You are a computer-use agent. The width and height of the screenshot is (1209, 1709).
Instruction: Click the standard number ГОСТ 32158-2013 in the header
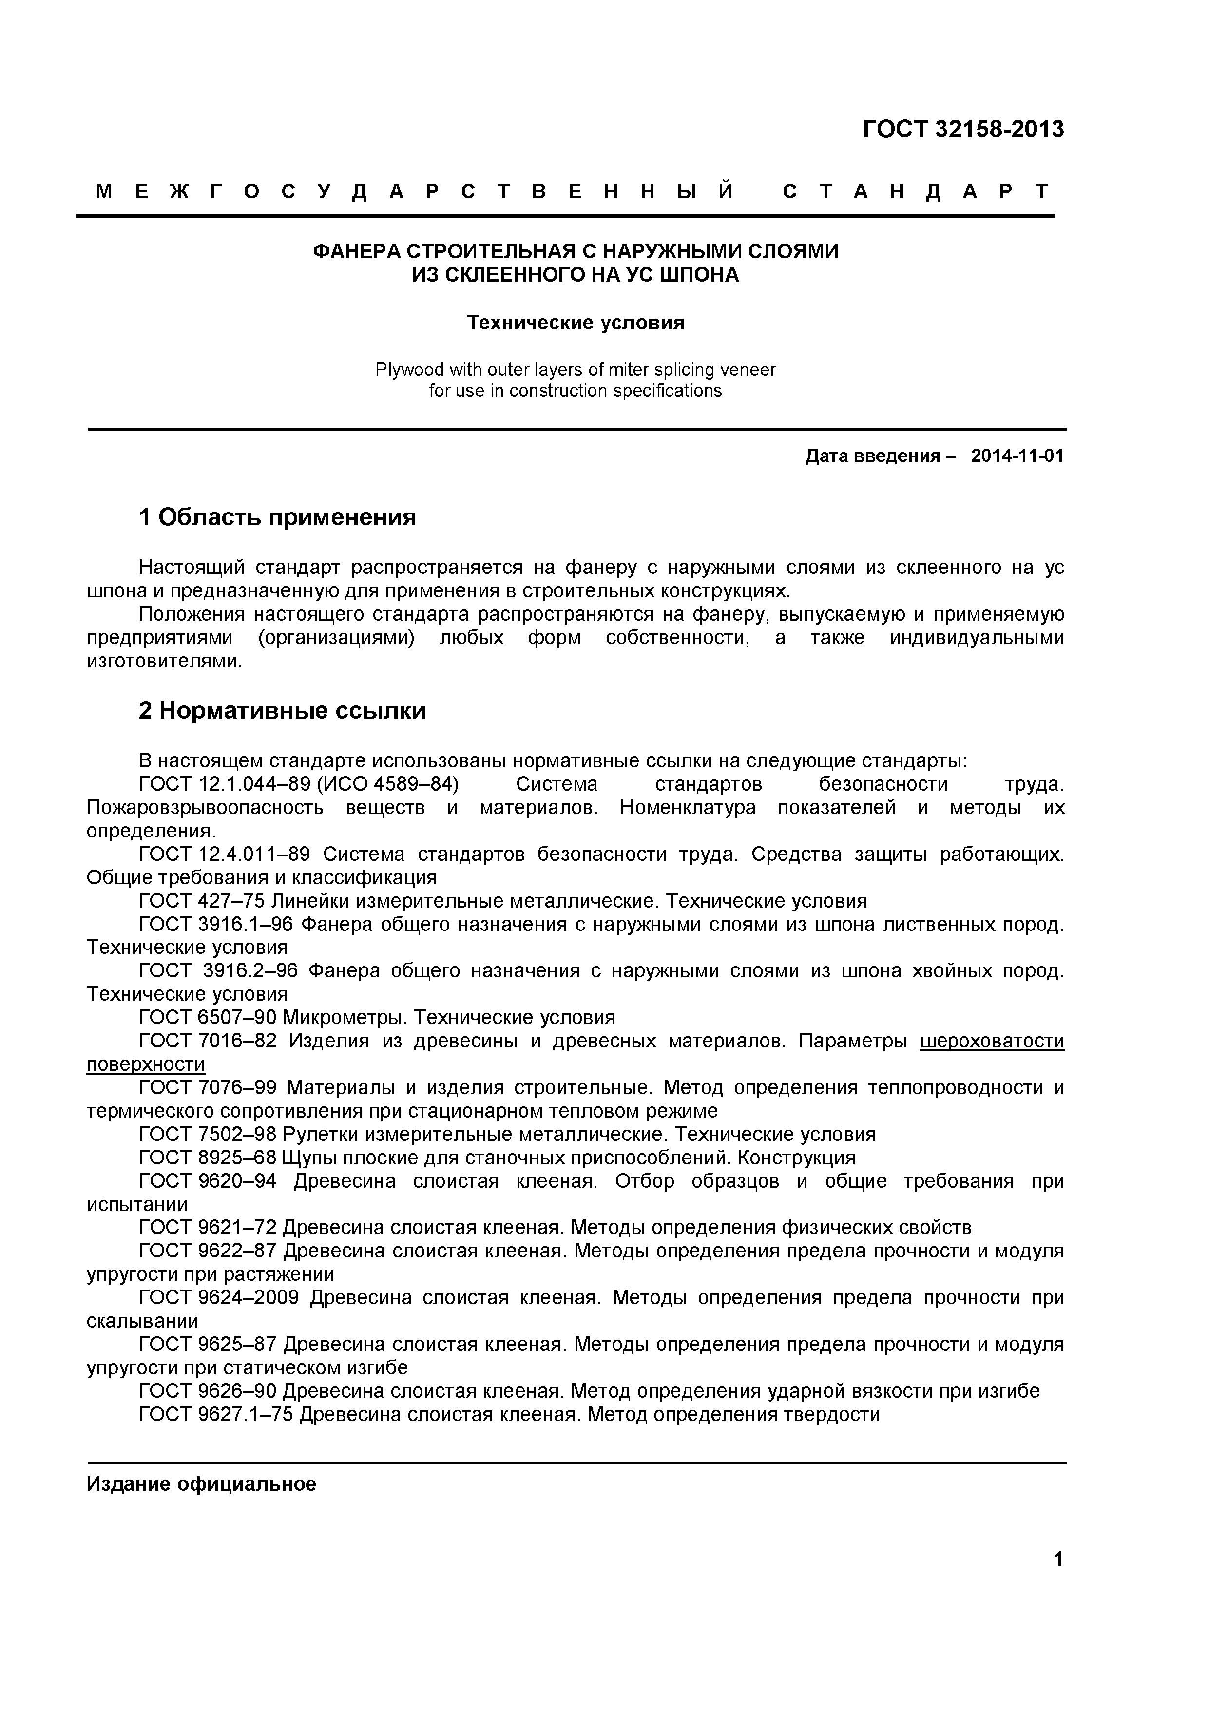click(x=963, y=130)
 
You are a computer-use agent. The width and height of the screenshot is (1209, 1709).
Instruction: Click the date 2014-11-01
click(x=1017, y=456)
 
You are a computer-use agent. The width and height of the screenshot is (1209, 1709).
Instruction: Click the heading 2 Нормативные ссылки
click(x=282, y=711)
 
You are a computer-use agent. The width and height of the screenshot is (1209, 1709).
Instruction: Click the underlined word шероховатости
click(x=992, y=1041)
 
